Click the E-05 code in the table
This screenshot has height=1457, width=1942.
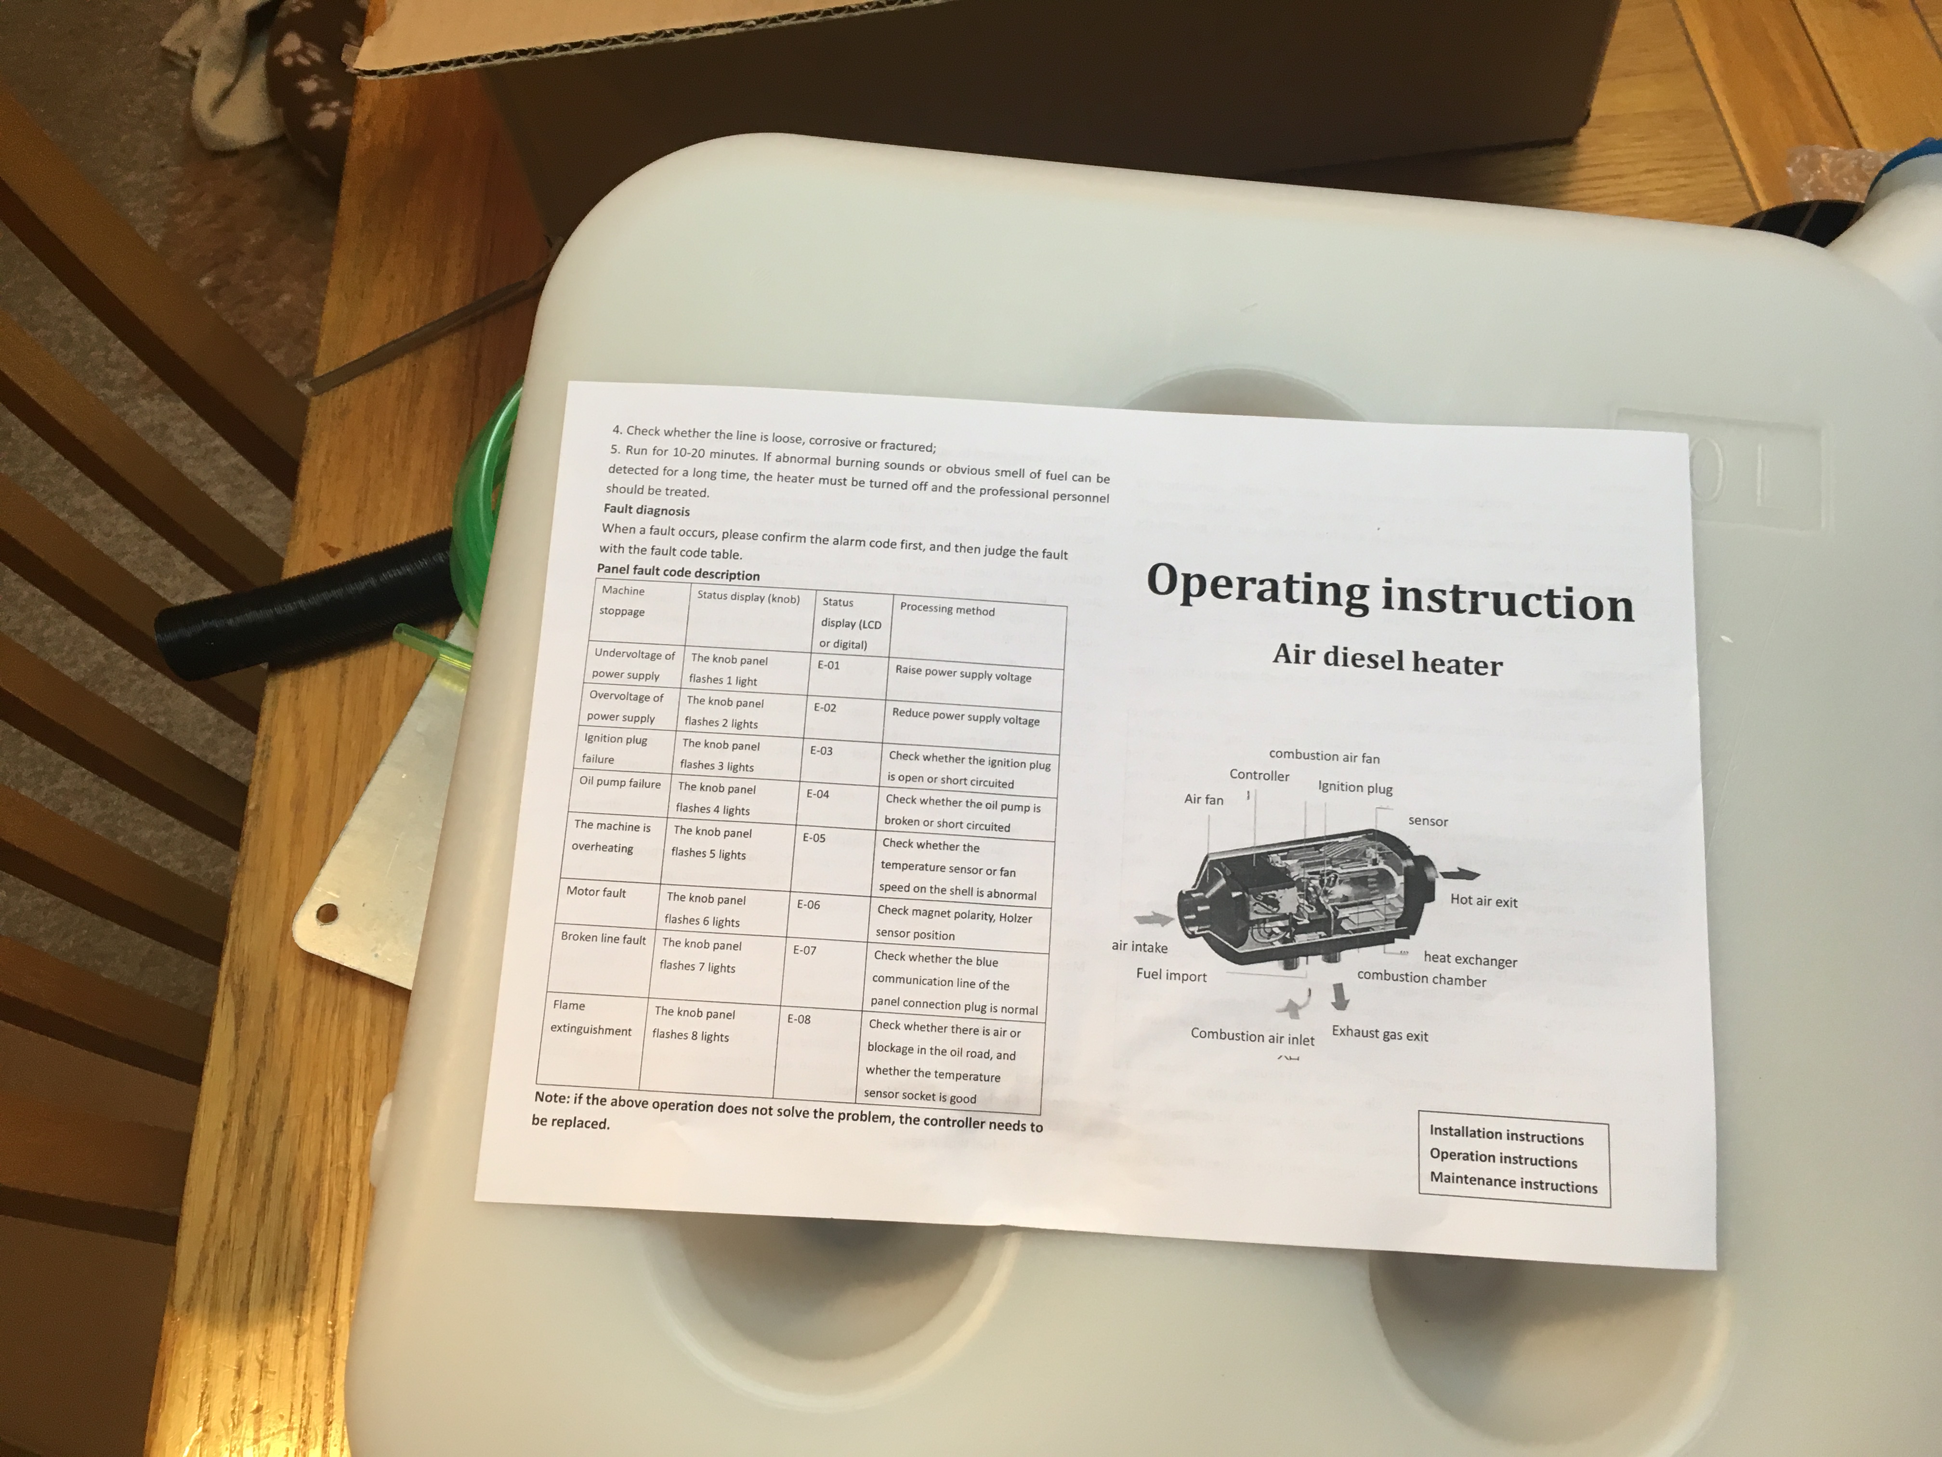tap(814, 838)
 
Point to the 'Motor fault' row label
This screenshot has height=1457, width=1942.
tap(596, 892)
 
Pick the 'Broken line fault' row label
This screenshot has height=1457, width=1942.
tap(603, 938)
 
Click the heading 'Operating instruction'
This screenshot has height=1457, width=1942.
tap(1390, 593)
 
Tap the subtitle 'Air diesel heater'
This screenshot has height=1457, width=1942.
tap(1387, 660)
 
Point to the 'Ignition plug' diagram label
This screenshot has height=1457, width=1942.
tap(1355, 787)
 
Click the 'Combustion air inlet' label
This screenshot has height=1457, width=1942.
tap(1252, 1036)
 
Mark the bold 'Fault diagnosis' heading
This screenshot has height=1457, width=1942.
tap(646, 510)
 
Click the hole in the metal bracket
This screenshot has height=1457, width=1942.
tap(327, 914)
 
